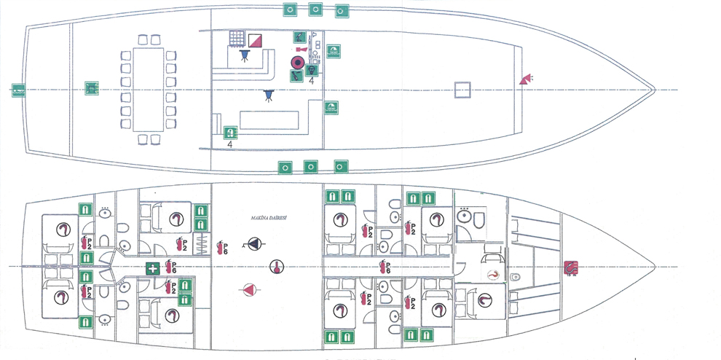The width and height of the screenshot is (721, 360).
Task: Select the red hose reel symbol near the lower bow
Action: point(571,267)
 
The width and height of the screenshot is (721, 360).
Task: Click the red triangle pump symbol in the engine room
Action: point(249,291)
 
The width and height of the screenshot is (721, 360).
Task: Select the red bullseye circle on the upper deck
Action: point(297,62)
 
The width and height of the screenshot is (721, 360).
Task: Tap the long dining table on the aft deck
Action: point(145,89)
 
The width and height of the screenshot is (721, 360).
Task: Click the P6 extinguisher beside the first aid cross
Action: point(172,267)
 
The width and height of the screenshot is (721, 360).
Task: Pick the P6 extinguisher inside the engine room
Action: point(223,247)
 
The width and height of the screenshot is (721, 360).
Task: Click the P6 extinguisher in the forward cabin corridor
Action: point(386,267)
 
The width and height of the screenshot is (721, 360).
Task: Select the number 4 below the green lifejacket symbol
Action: point(229,146)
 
